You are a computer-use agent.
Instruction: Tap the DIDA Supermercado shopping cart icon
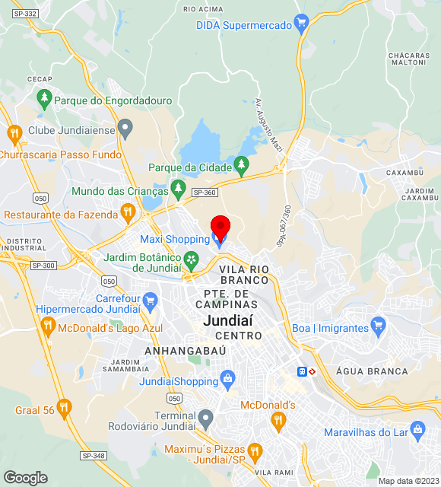click(x=302, y=24)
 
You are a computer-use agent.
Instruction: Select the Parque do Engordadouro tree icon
click(x=44, y=98)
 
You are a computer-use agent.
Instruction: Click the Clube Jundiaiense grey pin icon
click(x=125, y=129)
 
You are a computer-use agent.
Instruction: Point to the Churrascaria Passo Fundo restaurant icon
click(x=14, y=135)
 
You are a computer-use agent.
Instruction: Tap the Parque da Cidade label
click(x=189, y=167)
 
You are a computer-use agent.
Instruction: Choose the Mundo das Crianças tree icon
click(x=179, y=186)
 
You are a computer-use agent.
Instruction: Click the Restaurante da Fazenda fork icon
click(x=128, y=211)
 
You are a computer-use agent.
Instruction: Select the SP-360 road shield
click(x=204, y=193)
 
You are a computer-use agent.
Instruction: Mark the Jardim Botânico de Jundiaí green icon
click(x=192, y=261)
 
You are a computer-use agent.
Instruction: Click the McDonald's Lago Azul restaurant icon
click(x=47, y=327)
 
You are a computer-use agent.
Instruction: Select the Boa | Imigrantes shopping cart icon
click(x=379, y=328)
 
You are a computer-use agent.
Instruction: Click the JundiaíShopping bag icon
click(x=227, y=378)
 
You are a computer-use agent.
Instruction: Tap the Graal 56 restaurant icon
click(x=64, y=409)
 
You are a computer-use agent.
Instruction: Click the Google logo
click(x=25, y=478)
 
